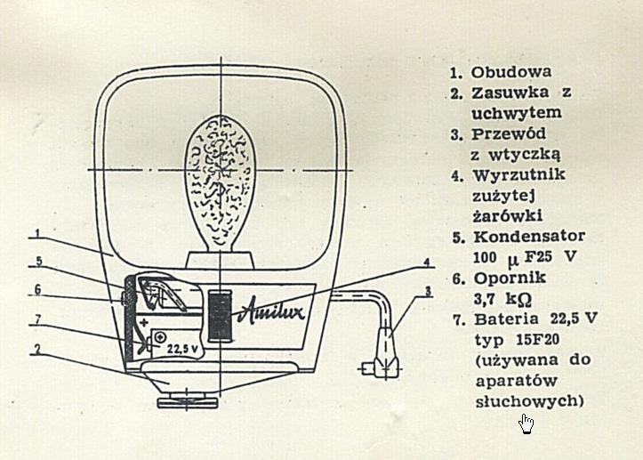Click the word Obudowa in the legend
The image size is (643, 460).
[511, 71]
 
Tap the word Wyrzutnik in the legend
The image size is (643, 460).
[519, 174]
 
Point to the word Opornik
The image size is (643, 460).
[506, 278]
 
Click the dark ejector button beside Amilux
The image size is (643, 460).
[218, 316]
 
